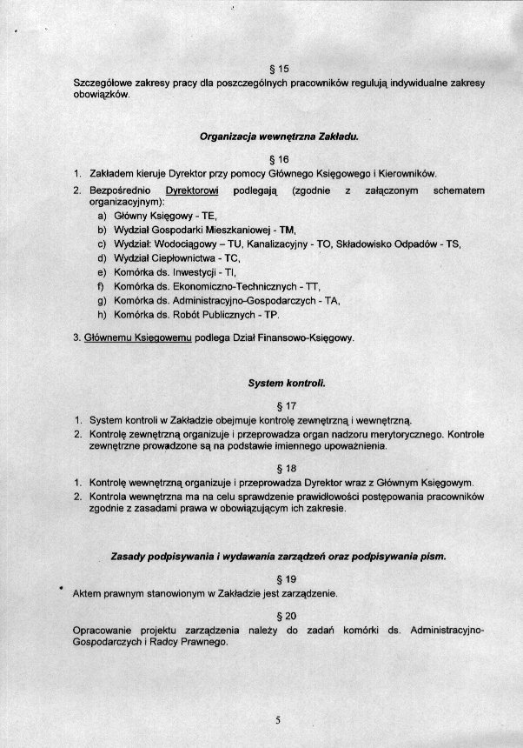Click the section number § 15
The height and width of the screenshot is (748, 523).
[x=279, y=68]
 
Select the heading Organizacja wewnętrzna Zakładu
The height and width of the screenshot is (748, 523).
[x=279, y=137]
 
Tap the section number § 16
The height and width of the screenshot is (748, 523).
[x=279, y=159]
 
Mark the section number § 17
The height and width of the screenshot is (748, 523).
[x=279, y=405]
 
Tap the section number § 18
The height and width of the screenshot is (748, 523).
[x=279, y=468]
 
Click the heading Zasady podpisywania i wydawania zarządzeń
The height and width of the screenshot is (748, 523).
[x=279, y=555]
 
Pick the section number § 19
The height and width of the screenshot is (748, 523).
[x=279, y=578]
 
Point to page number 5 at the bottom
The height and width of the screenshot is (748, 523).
[x=278, y=719]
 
